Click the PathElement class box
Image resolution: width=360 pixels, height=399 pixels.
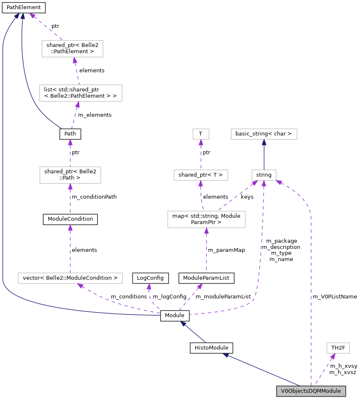tap(24, 7)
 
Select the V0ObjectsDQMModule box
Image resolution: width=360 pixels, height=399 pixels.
tap(311, 391)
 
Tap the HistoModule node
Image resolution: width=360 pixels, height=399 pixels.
tap(211, 348)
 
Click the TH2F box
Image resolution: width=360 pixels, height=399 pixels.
tap(338, 348)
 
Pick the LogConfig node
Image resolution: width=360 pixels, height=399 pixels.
tap(150, 278)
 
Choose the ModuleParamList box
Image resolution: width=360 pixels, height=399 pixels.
tap(206, 278)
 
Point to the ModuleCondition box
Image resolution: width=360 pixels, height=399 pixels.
tap(70, 219)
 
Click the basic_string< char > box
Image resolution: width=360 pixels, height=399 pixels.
tap(264, 134)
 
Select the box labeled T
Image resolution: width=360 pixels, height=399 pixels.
tap(201, 134)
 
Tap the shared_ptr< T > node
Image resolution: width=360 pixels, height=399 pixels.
tap(201, 175)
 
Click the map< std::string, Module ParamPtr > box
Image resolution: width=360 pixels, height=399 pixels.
tap(206, 219)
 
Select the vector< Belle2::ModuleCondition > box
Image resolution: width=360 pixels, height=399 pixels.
tap(70, 278)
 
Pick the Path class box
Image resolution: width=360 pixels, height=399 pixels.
tap(70, 134)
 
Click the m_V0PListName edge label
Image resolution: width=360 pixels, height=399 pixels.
tap(335, 297)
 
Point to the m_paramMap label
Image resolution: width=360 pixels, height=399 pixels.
tap(227, 250)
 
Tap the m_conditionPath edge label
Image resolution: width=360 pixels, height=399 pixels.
tap(94, 197)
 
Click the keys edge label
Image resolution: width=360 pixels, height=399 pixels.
tap(247, 197)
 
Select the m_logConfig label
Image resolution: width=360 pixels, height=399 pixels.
tap(169, 297)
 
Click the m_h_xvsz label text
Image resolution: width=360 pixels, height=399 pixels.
tap(343, 372)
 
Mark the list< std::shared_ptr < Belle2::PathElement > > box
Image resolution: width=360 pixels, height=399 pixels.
tap(81, 93)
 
